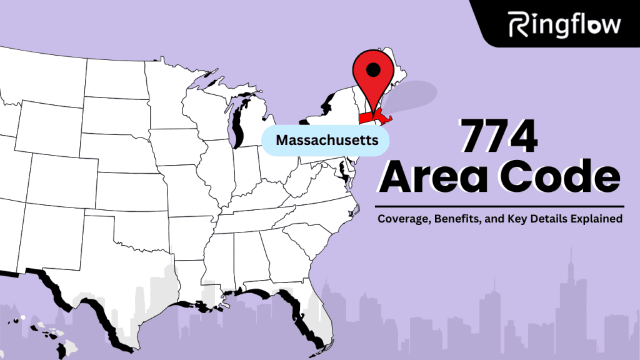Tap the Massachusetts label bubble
tap(327, 140)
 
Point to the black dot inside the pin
tap(373, 70)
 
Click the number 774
tap(499, 137)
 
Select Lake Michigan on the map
tap(237, 125)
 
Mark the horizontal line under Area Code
tap(500, 206)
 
